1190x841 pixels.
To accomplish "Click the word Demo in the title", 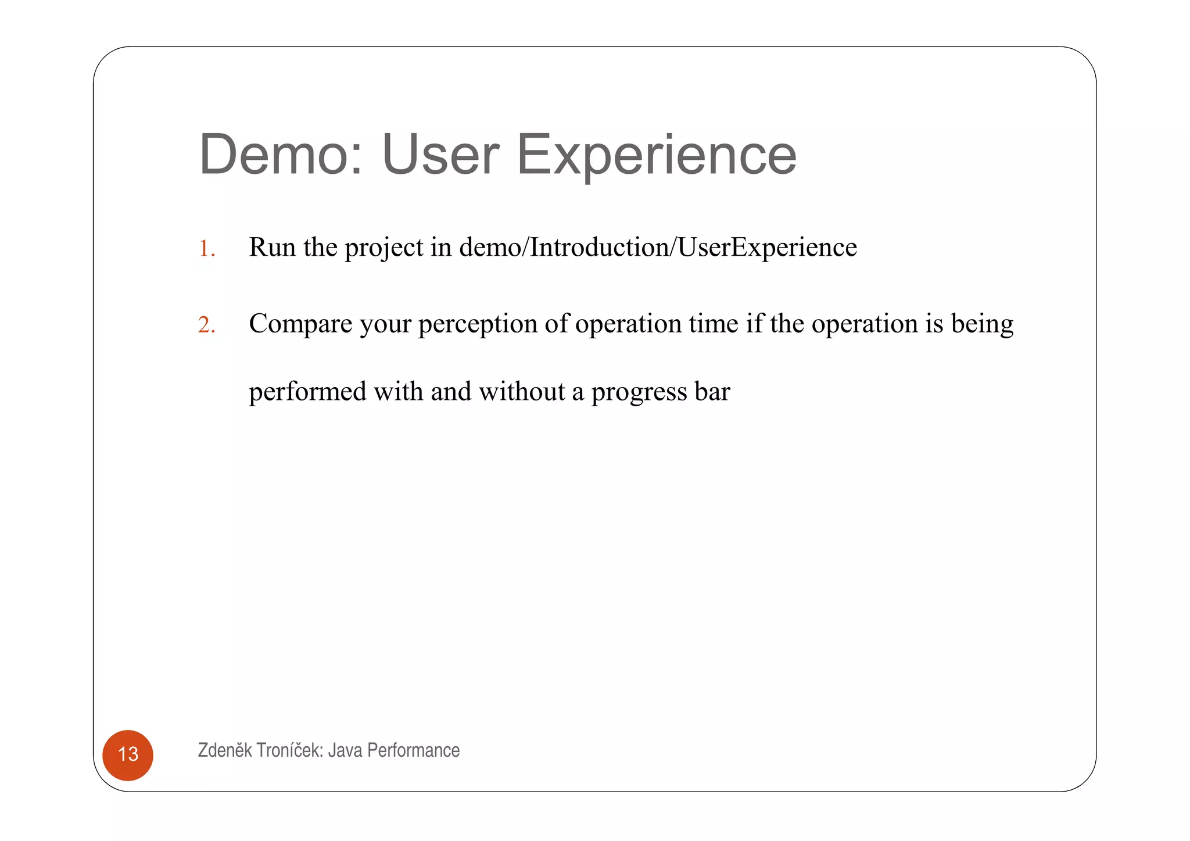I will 281,155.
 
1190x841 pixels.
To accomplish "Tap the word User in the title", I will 440,155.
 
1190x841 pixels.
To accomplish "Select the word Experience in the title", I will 656,155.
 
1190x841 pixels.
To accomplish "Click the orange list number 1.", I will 206,249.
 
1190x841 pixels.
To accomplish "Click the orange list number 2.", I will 206,325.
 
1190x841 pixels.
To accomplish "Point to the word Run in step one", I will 272,247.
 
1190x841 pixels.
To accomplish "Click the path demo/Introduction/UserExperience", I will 658,247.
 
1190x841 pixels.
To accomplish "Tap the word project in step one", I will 384,248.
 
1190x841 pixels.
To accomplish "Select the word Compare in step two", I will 300,324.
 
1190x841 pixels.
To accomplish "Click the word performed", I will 307,392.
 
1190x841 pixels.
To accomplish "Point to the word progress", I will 639,392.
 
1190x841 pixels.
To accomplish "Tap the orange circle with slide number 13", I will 128,754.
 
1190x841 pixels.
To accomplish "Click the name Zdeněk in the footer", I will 225,750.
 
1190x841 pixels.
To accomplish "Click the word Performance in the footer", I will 413,750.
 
